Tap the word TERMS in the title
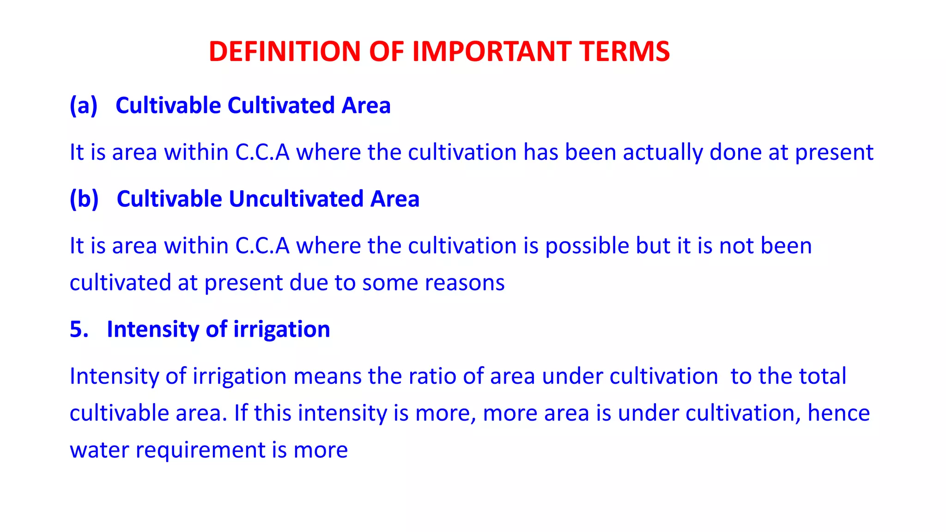[625, 51]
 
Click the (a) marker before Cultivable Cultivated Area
[84, 105]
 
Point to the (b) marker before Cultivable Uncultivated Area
[84, 199]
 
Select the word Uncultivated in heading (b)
[296, 199]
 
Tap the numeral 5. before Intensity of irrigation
[79, 329]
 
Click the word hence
[838, 413]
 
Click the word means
[327, 376]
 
